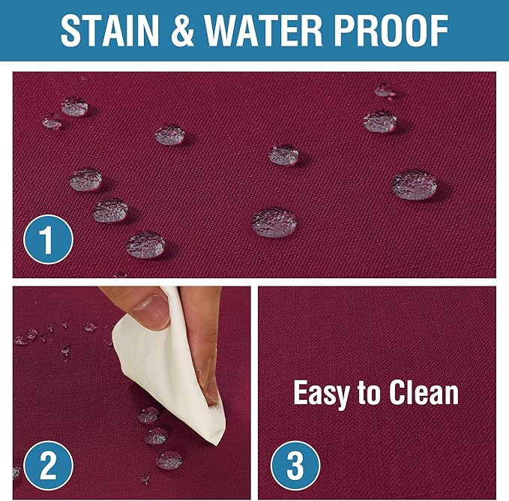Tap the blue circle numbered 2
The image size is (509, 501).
pyautogui.click(x=47, y=466)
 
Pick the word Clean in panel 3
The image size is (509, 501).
pyautogui.click(x=425, y=393)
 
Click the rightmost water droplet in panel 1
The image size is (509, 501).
pyautogui.click(x=415, y=184)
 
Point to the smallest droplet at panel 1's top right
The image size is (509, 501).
pyautogui.click(x=385, y=90)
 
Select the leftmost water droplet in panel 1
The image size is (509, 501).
pyautogui.click(x=52, y=121)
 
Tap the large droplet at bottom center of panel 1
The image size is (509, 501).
pyautogui.click(x=274, y=222)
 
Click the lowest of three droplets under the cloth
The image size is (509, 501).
pyautogui.click(x=170, y=460)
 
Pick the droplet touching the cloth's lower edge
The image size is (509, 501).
pyautogui.click(x=148, y=415)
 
